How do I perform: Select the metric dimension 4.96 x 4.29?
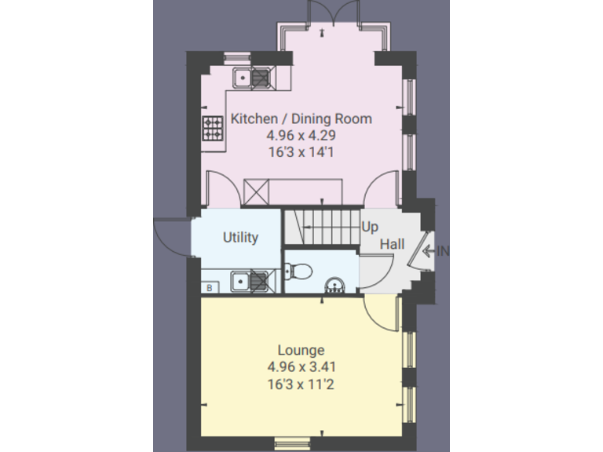(x=301, y=136)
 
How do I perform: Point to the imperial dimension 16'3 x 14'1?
(x=301, y=152)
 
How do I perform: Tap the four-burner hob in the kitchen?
(x=213, y=128)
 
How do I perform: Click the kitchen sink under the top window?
(x=253, y=77)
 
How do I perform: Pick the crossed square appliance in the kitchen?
(x=257, y=191)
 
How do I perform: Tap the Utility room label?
(x=240, y=237)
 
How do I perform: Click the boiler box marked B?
(x=209, y=288)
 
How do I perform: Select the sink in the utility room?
(x=251, y=280)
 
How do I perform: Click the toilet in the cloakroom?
(x=299, y=272)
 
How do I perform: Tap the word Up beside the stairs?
(x=370, y=228)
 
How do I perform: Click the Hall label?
(x=393, y=245)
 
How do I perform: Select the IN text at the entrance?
(x=443, y=252)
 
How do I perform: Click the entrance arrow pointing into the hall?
(x=429, y=251)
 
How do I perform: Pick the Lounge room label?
(x=301, y=350)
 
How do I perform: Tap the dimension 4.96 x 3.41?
(x=301, y=366)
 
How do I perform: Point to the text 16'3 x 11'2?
(x=301, y=384)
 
